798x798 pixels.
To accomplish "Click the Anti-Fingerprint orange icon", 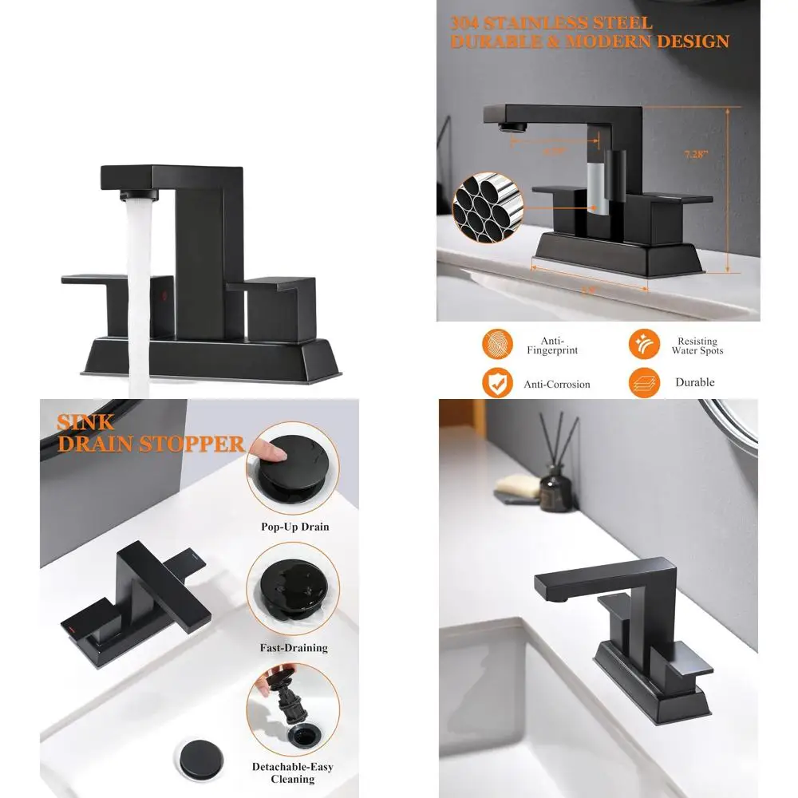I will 497,344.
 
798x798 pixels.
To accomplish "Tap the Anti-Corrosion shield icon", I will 497,383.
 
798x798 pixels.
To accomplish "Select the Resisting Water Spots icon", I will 643,344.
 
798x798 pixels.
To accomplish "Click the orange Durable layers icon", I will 643,382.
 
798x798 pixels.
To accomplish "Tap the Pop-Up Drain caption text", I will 294,527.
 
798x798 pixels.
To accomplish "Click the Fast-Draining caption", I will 294,648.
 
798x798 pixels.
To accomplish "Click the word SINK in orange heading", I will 85,422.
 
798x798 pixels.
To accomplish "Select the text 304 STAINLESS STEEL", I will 551,22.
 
